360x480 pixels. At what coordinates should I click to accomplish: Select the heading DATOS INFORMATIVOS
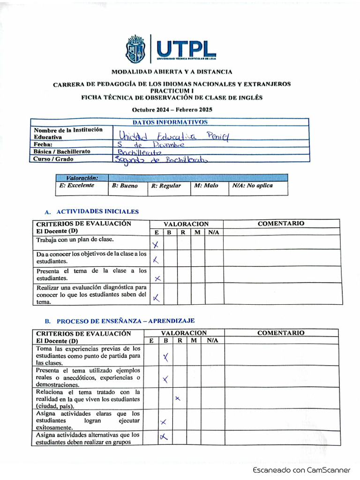pyautogui.click(x=170, y=122)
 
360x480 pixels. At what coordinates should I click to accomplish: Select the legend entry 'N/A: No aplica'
pyautogui.click(x=252, y=186)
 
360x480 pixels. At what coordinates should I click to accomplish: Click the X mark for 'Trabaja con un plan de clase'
pyautogui.click(x=156, y=244)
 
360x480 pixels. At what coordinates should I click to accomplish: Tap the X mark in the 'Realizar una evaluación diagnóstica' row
pyautogui.click(x=156, y=297)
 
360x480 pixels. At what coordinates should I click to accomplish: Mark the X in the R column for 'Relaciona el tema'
pyautogui.click(x=178, y=398)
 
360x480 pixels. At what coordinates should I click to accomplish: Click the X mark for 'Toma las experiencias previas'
pyautogui.click(x=165, y=358)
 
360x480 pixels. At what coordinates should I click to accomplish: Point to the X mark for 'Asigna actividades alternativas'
pyautogui.click(x=164, y=437)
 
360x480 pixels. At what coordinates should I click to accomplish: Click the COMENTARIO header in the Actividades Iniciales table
pyautogui.click(x=281, y=224)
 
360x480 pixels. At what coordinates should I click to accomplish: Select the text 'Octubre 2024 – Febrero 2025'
pyautogui.click(x=172, y=110)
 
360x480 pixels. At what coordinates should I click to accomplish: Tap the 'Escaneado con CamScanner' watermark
pyautogui.click(x=301, y=470)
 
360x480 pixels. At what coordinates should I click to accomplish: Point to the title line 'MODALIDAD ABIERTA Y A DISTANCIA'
pyautogui.click(x=172, y=72)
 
